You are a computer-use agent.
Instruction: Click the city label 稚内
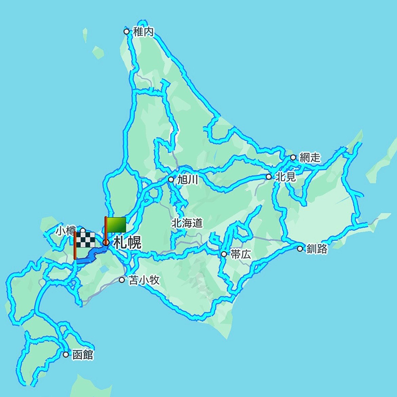point(143,32)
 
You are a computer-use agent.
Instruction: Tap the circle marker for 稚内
point(127,32)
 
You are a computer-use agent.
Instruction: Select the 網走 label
point(310,158)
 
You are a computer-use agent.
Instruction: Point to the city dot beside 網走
point(293,158)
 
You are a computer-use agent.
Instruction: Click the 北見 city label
point(286,177)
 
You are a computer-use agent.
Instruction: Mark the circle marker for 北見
point(269,177)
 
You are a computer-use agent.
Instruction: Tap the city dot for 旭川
point(171,180)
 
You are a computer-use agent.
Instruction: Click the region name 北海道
point(187,223)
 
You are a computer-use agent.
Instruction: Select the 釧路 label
point(317,249)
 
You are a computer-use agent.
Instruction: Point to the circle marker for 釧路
point(300,249)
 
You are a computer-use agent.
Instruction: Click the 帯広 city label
point(241,254)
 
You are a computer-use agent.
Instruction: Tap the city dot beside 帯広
point(224,254)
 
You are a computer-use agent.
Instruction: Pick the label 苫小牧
point(144,280)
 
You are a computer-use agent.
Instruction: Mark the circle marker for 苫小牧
point(122,280)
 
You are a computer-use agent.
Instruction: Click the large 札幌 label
point(128,243)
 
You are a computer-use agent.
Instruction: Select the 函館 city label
point(82,355)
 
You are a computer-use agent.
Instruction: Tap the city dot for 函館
point(66,355)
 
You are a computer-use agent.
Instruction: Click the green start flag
point(116,224)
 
